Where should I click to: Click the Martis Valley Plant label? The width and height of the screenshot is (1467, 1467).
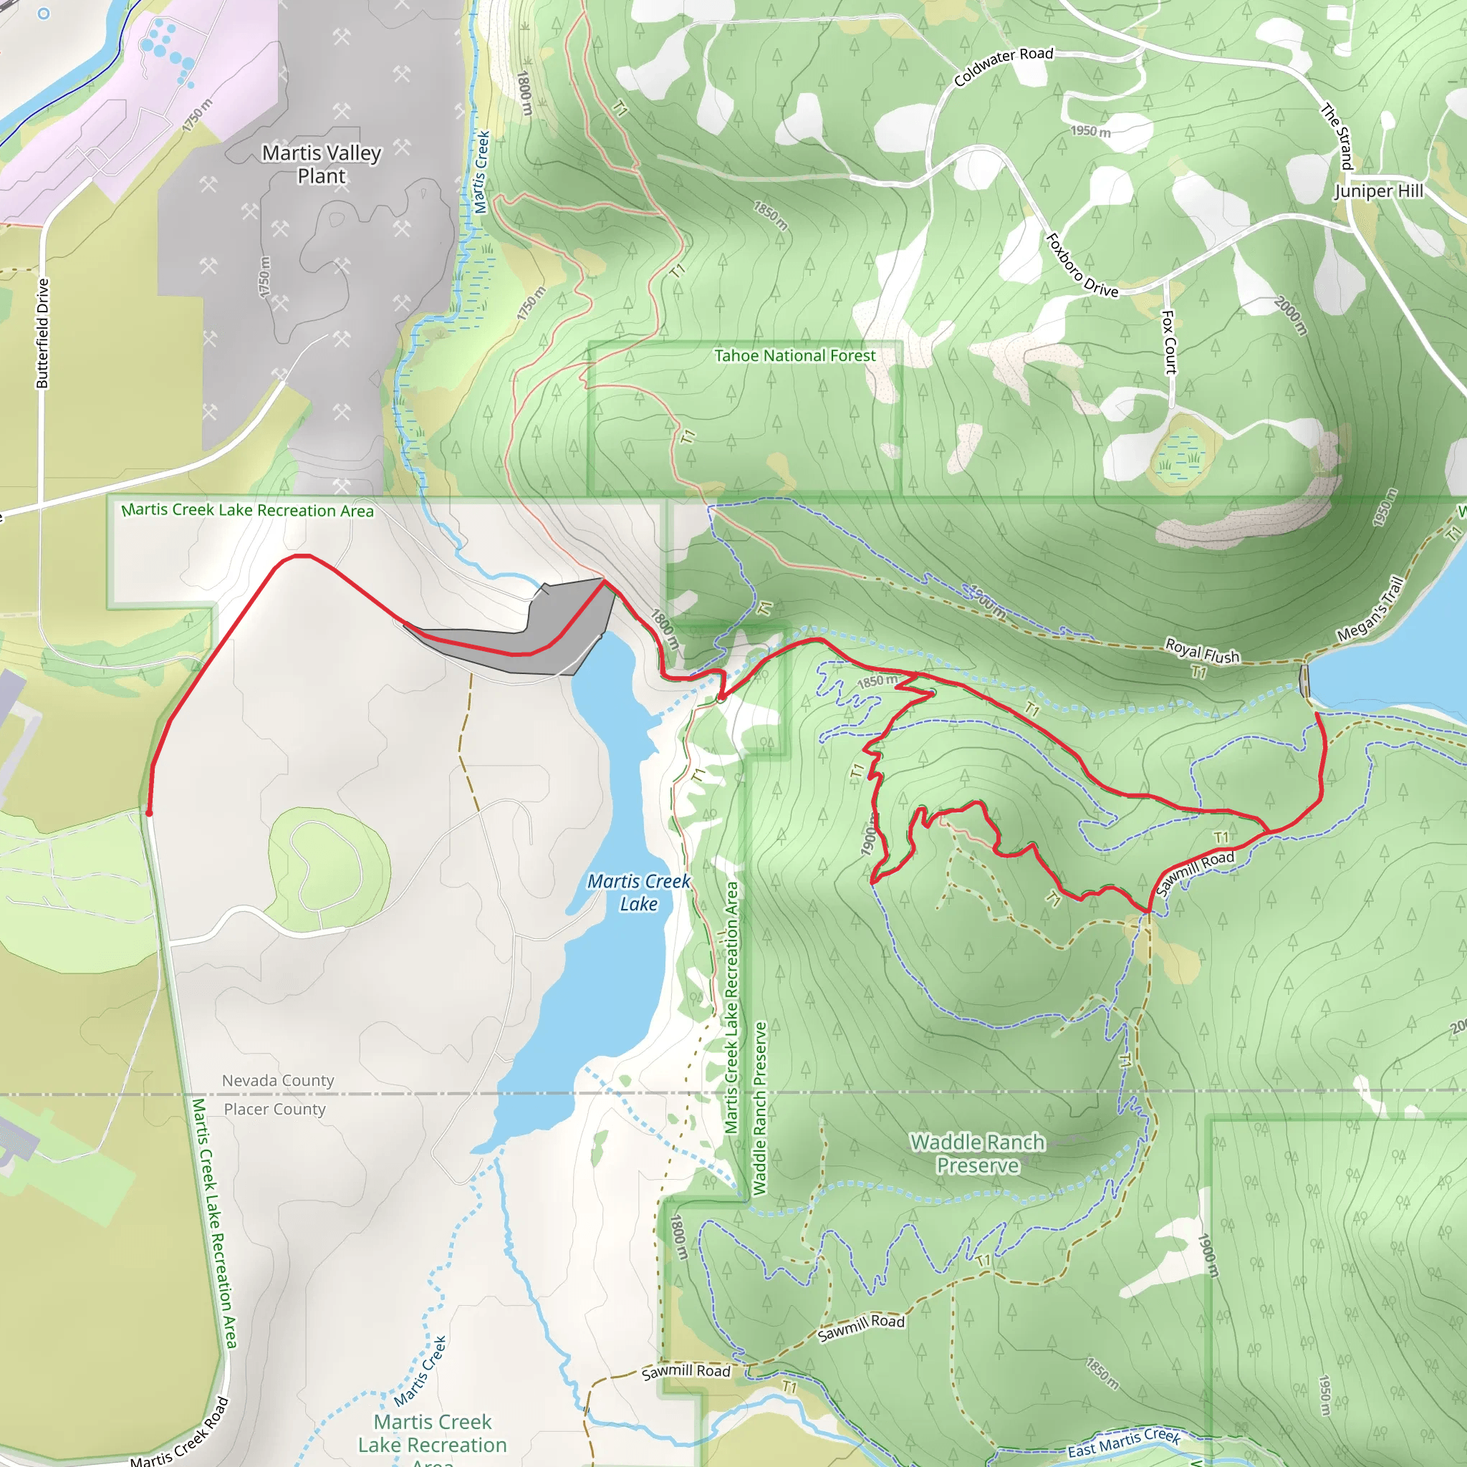(x=321, y=164)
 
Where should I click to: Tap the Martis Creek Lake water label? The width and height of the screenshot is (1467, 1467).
(x=638, y=893)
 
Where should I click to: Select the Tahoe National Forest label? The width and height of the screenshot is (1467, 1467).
(x=794, y=355)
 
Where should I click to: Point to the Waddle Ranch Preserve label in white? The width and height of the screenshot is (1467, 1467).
(x=977, y=1153)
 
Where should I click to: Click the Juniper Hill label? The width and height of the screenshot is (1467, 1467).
(x=1379, y=191)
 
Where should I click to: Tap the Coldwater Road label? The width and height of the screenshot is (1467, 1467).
(x=1003, y=65)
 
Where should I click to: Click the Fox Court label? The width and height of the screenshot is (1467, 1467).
(x=1168, y=342)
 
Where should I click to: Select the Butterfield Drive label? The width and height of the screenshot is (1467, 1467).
(x=42, y=333)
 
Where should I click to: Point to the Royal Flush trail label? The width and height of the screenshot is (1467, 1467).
(x=1202, y=650)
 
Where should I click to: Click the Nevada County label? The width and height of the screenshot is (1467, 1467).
(x=278, y=1080)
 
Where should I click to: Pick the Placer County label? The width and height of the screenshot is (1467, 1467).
(x=274, y=1110)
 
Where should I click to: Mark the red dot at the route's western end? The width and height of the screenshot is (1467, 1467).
(x=149, y=813)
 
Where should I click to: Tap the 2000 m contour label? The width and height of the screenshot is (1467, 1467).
(x=1291, y=316)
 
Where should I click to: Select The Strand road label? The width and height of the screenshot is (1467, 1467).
(x=1337, y=137)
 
